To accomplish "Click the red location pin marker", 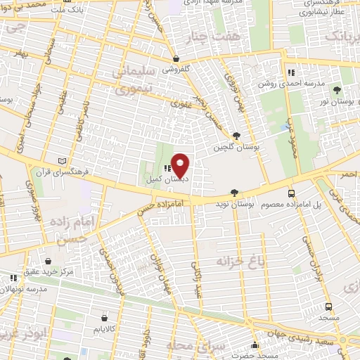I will [x=181, y=165].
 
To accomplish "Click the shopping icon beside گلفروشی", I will [x=175, y=59].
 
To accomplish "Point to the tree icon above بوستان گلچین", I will [x=236, y=136].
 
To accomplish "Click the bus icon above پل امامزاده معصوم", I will [x=291, y=193].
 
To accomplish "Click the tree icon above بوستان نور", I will [x=336, y=91].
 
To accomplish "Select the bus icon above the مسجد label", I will [x=328, y=307].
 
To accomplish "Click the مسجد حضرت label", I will [x=256, y=356].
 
